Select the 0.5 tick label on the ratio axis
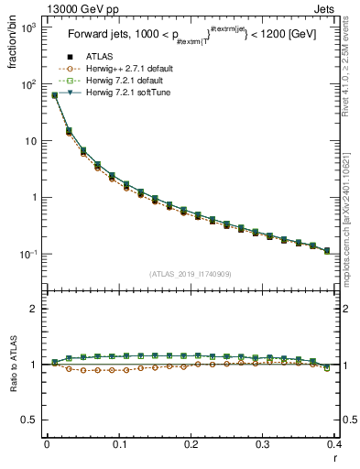click(32, 420)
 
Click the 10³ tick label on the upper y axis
click(30, 28)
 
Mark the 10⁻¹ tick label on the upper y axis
click(30, 255)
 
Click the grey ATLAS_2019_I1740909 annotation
click(190, 273)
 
